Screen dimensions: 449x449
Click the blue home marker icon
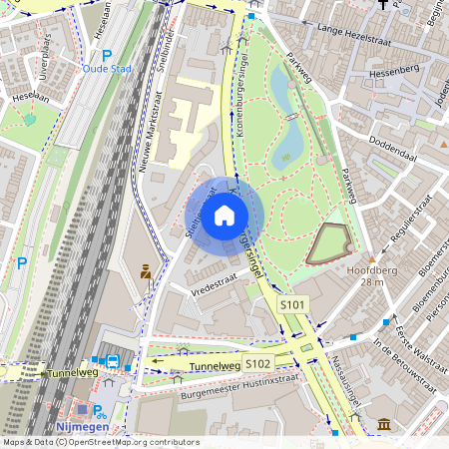click(224, 215)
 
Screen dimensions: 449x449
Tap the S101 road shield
click(294, 303)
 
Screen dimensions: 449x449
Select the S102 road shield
click(258, 362)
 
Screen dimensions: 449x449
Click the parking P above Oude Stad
click(107, 55)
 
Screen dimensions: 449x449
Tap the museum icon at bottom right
click(384, 426)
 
